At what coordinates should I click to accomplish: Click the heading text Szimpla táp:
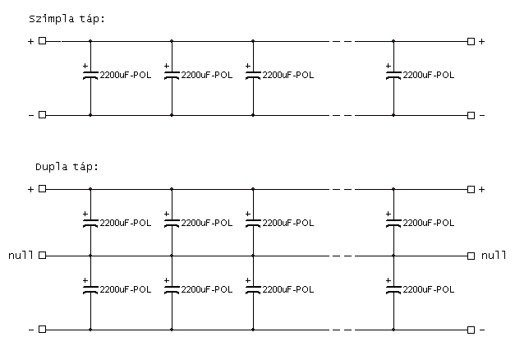pos(67,19)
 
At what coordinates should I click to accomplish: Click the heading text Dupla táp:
pos(67,167)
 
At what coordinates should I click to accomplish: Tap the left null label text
pos(21,255)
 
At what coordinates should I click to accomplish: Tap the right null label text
pos(494,255)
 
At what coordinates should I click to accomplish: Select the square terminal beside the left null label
pos(43,256)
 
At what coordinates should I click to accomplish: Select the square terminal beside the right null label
pos(471,256)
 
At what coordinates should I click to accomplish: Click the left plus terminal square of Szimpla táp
pos(43,41)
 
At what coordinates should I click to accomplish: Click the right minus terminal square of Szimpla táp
pos(471,115)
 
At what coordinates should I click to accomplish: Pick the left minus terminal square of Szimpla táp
pos(43,115)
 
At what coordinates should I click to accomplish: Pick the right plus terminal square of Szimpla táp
pos(471,41)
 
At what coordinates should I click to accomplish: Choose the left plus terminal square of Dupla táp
pos(43,189)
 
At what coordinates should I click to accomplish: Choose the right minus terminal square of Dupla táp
pos(471,330)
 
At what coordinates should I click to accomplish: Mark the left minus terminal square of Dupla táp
pos(43,329)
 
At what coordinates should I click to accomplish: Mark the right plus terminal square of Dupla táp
pos(471,189)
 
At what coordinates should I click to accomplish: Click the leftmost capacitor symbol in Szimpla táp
pos(90,74)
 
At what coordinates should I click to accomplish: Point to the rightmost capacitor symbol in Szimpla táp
pos(393,74)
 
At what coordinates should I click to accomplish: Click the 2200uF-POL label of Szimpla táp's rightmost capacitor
pos(429,75)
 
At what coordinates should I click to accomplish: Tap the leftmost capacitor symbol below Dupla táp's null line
pos(90,288)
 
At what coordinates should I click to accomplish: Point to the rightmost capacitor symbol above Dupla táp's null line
pos(393,222)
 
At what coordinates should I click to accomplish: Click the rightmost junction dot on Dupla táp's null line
pos(393,256)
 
